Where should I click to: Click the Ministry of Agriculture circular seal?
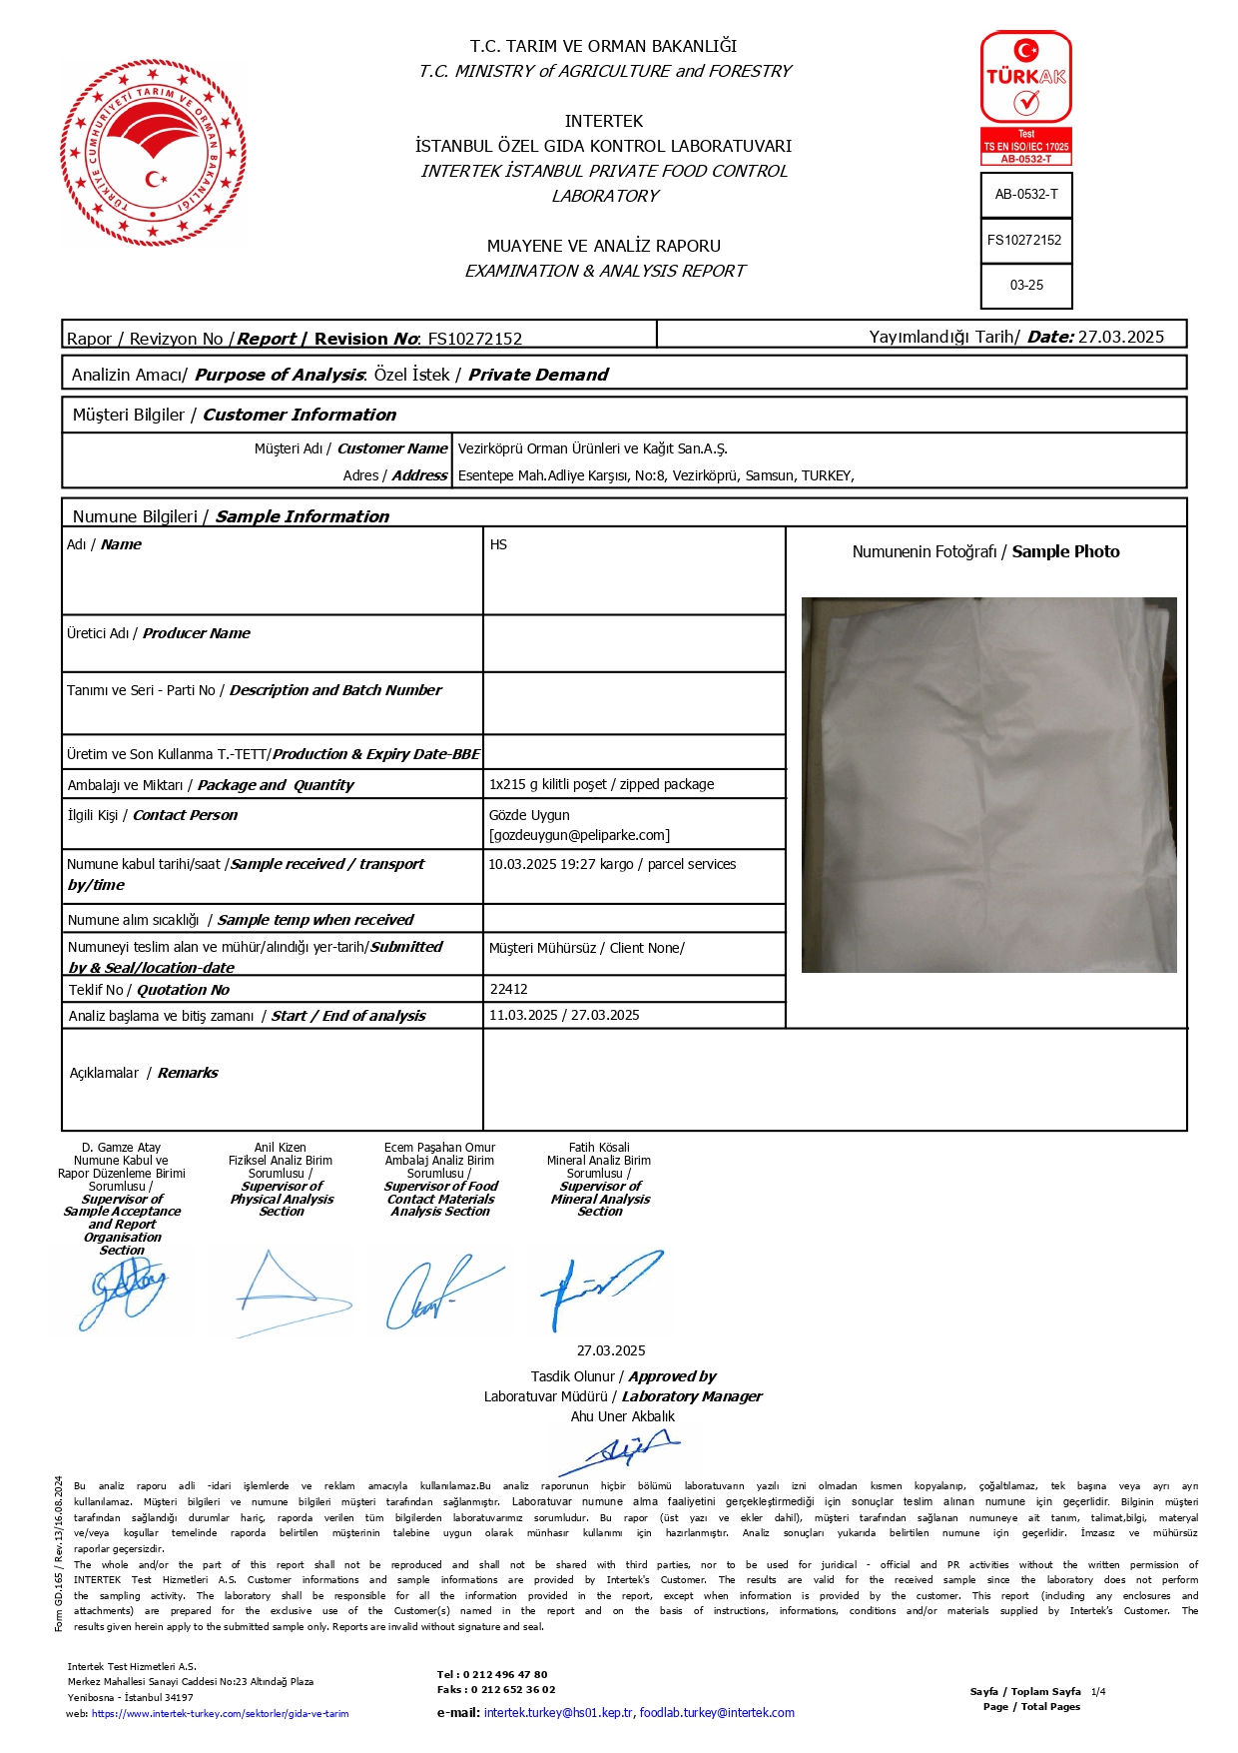[x=153, y=152]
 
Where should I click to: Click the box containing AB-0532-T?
[x=1026, y=195]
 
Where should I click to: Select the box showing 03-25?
[x=1026, y=286]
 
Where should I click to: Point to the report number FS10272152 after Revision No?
[x=475, y=340]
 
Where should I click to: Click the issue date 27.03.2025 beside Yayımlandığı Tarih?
[x=1121, y=337]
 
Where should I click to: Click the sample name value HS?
[x=499, y=545]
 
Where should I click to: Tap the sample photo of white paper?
[x=988, y=784]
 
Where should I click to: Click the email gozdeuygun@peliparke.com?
[x=579, y=835]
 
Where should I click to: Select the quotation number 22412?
[x=509, y=989]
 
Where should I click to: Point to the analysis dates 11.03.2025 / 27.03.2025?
[x=564, y=1015]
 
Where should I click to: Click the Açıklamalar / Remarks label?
[x=144, y=1073]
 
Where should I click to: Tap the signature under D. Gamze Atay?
[x=126, y=1291]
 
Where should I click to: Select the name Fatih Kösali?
[x=599, y=1148]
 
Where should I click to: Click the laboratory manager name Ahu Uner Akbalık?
[x=622, y=1416]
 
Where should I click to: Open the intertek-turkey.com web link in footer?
[x=220, y=1713]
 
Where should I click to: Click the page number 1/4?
[x=1098, y=1691]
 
